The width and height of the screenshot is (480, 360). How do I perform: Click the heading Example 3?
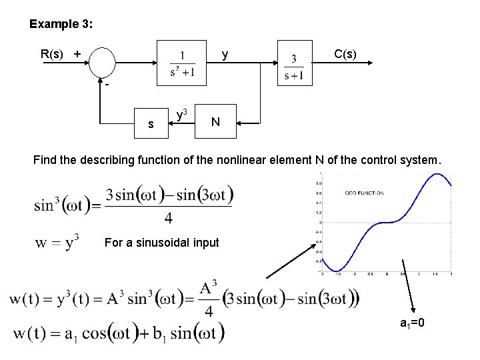point(61,25)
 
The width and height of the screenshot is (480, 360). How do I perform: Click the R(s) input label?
point(53,54)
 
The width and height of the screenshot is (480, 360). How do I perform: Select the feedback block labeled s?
point(151,123)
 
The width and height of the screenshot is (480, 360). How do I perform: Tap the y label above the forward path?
point(225,54)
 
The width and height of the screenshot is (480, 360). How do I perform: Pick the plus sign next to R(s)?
point(77,53)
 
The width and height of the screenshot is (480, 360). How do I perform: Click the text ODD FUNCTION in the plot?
point(364,193)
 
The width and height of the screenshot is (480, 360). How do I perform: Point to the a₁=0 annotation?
point(413,323)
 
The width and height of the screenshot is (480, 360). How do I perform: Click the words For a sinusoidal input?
point(161,243)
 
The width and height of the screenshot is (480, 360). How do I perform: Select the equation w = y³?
point(57,241)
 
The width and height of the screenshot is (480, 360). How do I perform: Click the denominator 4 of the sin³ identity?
point(169,218)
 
